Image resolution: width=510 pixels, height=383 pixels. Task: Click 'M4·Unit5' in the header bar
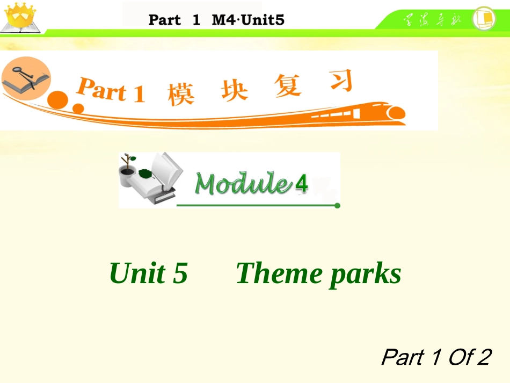pos(248,20)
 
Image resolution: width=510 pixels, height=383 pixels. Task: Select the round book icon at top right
pos(483,18)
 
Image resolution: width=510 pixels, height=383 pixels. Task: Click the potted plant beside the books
pos(127,171)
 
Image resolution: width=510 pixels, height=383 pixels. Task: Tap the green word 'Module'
pos(243,184)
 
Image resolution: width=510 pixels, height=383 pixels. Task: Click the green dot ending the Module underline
pos(337,205)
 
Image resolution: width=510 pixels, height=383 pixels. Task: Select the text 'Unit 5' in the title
pos(148,273)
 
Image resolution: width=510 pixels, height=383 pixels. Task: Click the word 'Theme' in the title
pos(279,273)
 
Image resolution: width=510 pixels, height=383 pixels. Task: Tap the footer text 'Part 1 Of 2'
pos(435,357)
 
